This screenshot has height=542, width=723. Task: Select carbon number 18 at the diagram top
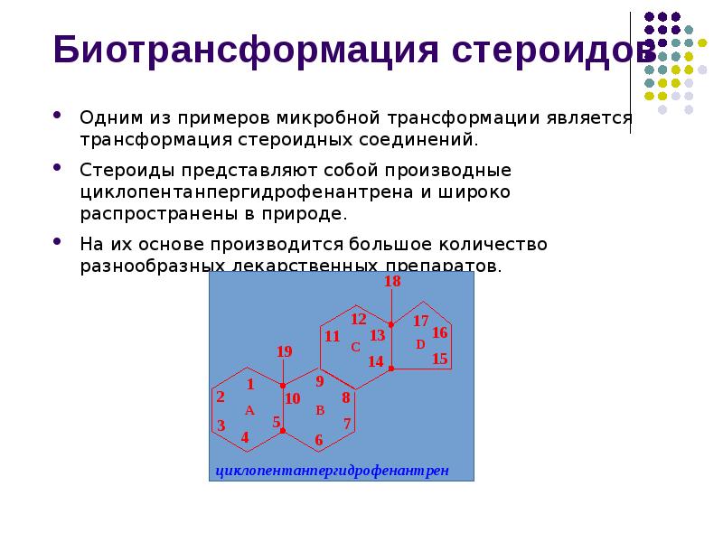coord(392,282)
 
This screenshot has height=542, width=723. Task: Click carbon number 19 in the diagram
coord(284,351)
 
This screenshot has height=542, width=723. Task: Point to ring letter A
coord(249,411)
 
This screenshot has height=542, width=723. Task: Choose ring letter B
coord(319,411)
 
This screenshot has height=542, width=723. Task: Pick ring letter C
coord(355,347)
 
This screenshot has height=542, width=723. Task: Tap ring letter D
coord(420,344)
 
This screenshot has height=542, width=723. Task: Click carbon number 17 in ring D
coord(420,321)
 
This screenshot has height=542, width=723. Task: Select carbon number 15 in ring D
coord(440,359)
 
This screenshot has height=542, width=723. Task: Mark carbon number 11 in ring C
coord(332,337)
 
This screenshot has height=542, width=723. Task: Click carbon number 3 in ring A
coord(221,425)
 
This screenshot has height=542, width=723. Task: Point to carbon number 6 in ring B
coord(318,440)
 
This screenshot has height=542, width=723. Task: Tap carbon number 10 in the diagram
coord(292,398)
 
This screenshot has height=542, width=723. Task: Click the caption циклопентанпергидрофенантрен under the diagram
coord(332,472)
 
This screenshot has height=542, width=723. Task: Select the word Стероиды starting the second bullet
coord(118,170)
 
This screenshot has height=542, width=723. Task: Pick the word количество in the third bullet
coord(493,244)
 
